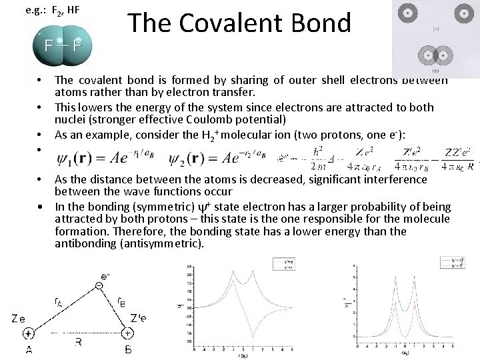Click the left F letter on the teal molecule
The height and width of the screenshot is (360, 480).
[49, 46]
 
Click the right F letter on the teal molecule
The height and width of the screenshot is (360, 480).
[78, 46]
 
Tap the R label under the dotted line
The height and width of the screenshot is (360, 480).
[79, 343]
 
